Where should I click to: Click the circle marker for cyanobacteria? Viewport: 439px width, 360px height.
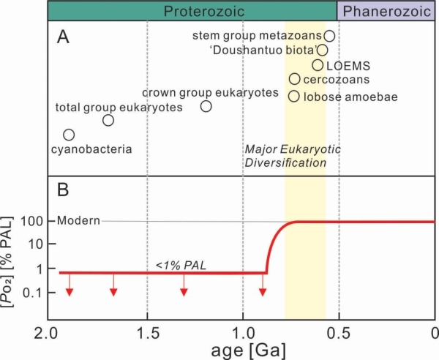click(69, 135)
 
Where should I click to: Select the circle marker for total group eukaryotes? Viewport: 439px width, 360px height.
click(108, 120)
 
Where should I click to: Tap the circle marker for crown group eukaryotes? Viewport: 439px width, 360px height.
click(206, 106)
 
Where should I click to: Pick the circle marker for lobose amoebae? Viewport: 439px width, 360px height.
click(293, 96)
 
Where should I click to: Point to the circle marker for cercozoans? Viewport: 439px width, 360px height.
click(294, 79)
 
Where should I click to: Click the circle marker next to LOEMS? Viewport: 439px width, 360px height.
click(318, 65)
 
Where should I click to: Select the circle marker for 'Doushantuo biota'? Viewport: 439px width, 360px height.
click(323, 50)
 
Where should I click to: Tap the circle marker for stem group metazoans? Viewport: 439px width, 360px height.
click(329, 36)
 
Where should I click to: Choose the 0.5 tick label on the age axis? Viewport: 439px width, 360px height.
click(339, 333)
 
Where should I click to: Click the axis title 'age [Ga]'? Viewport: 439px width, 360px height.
click(241, 350)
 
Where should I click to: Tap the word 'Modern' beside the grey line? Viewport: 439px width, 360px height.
click(75, 221)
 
